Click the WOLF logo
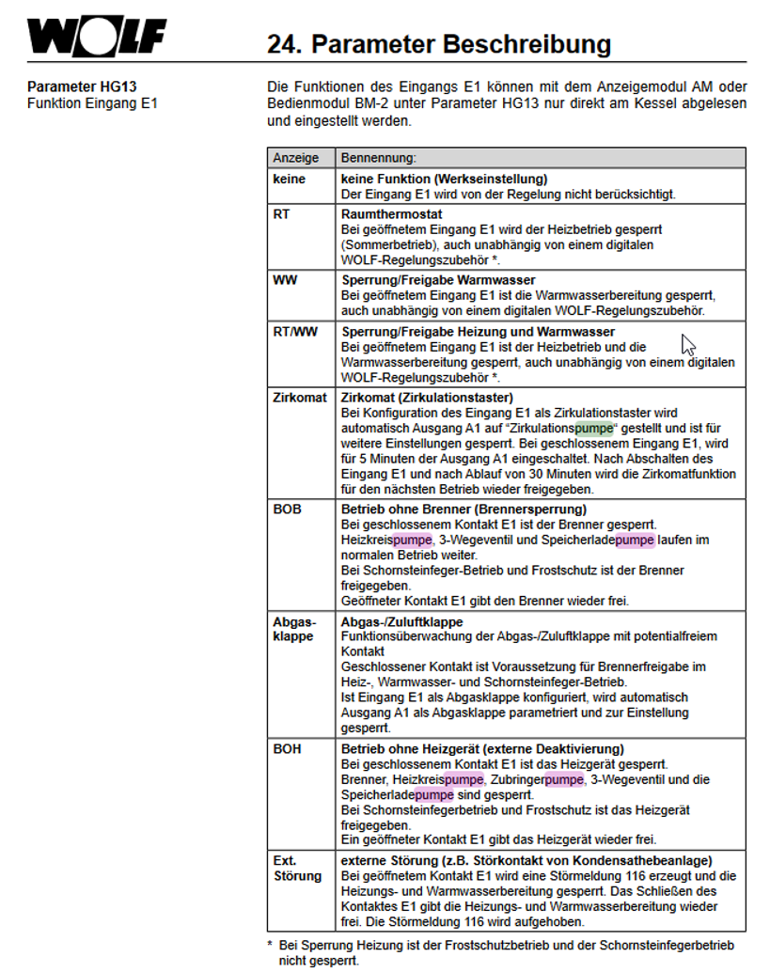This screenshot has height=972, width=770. pos(97,39)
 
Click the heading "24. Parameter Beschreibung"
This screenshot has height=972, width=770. pos(439,44)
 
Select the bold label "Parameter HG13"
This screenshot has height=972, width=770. pos(76,87)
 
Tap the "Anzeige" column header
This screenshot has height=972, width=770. pos(296,158)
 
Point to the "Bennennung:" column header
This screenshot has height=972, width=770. pos(379,158)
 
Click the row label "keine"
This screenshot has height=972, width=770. pos(289,179)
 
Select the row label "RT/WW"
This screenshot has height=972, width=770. pos(294,332)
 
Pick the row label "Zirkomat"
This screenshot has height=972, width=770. pos(298,398)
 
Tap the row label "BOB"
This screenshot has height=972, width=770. pos(287,509)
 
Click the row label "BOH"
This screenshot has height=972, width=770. pos(287,749)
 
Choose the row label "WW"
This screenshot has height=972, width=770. pos(284,280)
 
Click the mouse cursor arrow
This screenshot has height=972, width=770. pos(688,343)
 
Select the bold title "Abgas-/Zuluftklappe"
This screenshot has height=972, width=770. pos(402,622)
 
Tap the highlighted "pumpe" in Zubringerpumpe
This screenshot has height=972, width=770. pos(564,779)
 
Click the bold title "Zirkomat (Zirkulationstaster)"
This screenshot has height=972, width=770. pos(427,398)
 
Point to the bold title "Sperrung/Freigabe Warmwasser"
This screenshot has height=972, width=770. pos(438,280)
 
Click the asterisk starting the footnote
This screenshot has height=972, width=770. pos(270,946)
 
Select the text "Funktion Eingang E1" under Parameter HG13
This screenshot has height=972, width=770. pos(92,102)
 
